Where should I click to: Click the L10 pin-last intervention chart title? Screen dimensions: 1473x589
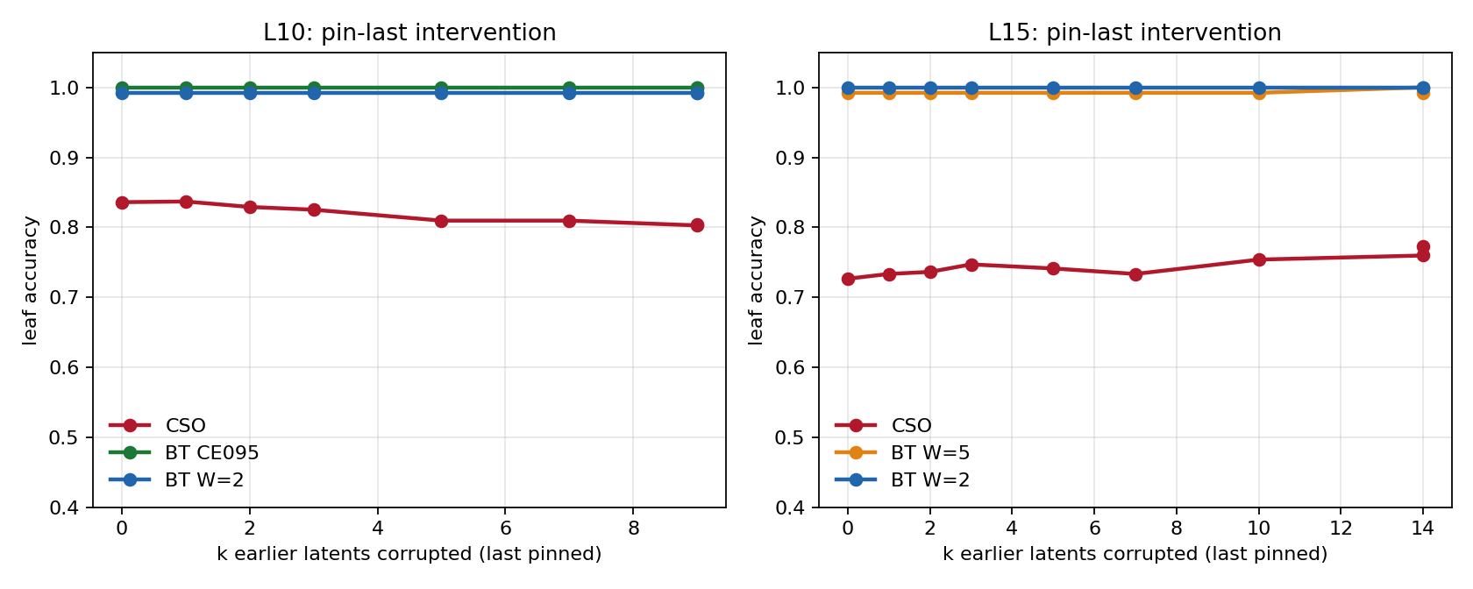pos(409,33)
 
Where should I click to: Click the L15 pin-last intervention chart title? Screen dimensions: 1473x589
pos(1135,33)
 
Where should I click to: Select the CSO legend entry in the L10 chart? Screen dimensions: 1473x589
pos(157,425)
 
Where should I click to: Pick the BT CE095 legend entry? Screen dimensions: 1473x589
pos(183,452)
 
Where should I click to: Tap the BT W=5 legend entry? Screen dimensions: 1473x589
pos(902,452)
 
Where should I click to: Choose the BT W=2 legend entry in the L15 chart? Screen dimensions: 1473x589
pos(902,480)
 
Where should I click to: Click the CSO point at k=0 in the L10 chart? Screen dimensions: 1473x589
pos(122,202)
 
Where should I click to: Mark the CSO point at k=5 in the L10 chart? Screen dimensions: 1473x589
pos(441,221)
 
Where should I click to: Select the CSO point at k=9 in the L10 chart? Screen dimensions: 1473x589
pos(697,225)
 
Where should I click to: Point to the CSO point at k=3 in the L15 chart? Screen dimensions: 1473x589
pos(971,265)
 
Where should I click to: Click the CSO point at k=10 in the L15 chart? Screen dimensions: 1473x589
pos(1259,259)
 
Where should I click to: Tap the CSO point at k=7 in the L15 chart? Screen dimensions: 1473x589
pos(1135,274)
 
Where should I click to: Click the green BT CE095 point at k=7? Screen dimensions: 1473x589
pos(570,88)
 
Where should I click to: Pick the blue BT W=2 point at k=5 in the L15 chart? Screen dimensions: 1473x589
pos(1054,88)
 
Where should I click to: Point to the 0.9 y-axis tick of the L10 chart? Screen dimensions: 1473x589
pos(65,158)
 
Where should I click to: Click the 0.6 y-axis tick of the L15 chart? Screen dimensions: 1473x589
pos(791,367)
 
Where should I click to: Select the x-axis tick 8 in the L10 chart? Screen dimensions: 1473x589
pos(633,529)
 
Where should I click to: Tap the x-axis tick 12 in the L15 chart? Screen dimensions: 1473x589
pos(1341,529)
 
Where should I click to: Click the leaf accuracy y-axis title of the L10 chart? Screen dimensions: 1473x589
pos(30,280)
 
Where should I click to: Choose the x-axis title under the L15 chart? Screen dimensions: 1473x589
pos(1135,554)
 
